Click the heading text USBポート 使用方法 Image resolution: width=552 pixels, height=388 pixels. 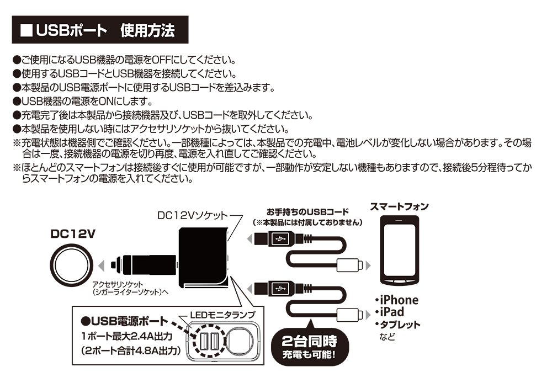[x=105, y=31]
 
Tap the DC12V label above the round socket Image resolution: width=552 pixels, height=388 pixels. [x=73, y=233]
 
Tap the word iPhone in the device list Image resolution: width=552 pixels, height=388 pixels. [x=399, y=300]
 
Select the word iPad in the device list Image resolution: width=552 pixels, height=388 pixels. [x=393, y=312]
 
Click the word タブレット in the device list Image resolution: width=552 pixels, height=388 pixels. [x=400, y=325]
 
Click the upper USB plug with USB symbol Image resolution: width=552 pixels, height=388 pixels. [x=280, y=239]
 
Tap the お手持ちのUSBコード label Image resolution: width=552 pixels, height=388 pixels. [x=307, y=211]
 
